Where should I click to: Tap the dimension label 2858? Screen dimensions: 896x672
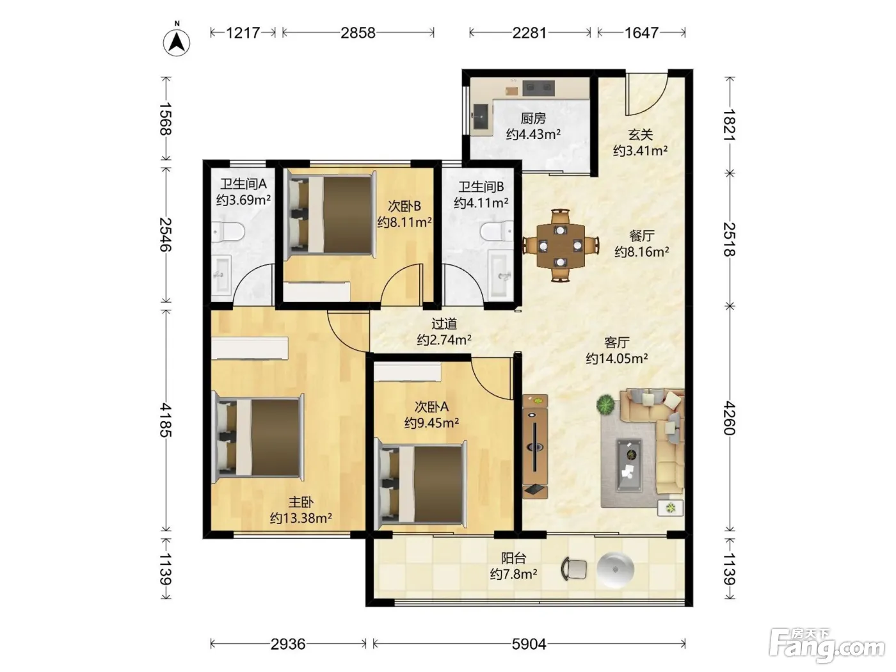point(358,33)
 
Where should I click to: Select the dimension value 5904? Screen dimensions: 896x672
point(529,644)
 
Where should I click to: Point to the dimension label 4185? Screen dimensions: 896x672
point(165,420)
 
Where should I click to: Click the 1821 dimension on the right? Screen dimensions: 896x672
point(730,125)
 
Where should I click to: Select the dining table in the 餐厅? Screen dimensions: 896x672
point(560,246)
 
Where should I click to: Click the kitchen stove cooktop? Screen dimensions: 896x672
point(538,87)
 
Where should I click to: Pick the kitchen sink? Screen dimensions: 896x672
point(481,116)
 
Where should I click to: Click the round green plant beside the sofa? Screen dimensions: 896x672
point(605,404)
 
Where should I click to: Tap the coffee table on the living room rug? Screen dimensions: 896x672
point(628,465)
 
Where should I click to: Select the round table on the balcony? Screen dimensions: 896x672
point(615,569)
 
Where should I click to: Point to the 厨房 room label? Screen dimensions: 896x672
point(533,118)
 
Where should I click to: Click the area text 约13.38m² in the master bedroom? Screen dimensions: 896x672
point(301,518)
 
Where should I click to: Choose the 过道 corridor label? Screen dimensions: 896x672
point(444,324)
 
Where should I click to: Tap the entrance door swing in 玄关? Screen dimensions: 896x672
point(647,94)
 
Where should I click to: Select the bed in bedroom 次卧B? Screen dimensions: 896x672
point(331,214)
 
